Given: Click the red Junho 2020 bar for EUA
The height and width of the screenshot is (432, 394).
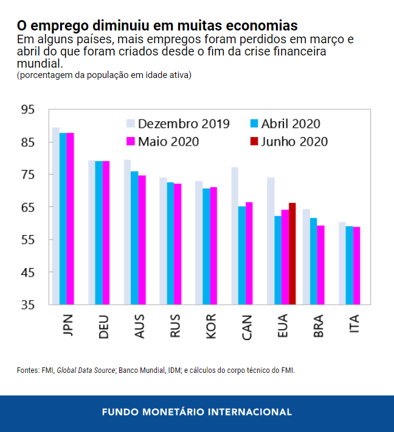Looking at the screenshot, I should tap(292, 253).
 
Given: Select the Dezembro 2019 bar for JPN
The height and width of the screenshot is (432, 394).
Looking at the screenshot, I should tap(55, 216).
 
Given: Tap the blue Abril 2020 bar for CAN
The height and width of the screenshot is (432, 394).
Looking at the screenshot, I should tap(241, 255).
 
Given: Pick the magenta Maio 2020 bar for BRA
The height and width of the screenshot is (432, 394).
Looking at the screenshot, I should tap(320, 264).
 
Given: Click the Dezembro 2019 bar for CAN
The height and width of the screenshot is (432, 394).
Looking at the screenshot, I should tap(234, 236).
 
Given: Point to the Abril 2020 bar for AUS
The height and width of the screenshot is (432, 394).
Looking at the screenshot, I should tap(134, 238).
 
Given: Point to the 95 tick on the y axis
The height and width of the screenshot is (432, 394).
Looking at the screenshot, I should tap(28, 110).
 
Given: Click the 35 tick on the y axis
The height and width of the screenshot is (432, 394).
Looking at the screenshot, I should tap(28, 305).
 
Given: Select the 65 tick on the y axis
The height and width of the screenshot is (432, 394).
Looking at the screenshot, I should tap(28, 207).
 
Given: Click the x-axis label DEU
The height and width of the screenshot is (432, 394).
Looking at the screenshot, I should tap(103, 327).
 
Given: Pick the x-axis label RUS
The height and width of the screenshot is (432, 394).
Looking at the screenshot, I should tap(175, 326).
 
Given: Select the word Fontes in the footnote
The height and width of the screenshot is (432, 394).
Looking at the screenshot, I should tap(27, 370).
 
